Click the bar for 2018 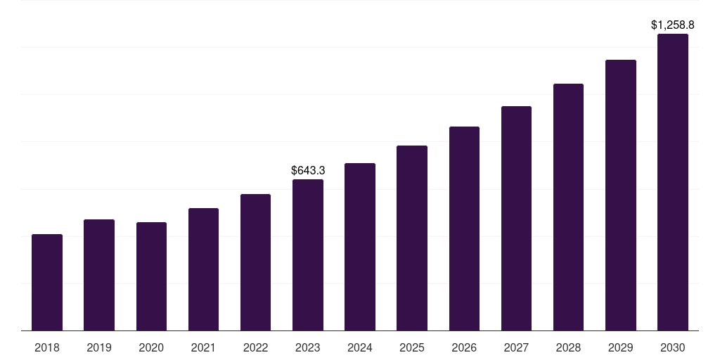(47, 283)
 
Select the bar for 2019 (99, 275)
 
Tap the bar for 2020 (151, 276)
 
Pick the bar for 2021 (203, 269)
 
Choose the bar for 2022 (255, 262)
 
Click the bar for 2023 (308, 255)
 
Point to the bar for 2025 (412, 238)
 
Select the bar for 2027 (516, 219)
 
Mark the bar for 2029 (621, 195)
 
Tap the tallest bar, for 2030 (673, 182)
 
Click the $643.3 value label (308, 170)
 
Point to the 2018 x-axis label (47, 347)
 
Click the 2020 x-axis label (151, 347)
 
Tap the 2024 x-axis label (360, 347)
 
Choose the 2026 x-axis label (464, 347)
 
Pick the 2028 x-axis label (568, 347)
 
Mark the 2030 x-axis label (673, 347)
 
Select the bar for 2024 (360, 247)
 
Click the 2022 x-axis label (255, 347)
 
